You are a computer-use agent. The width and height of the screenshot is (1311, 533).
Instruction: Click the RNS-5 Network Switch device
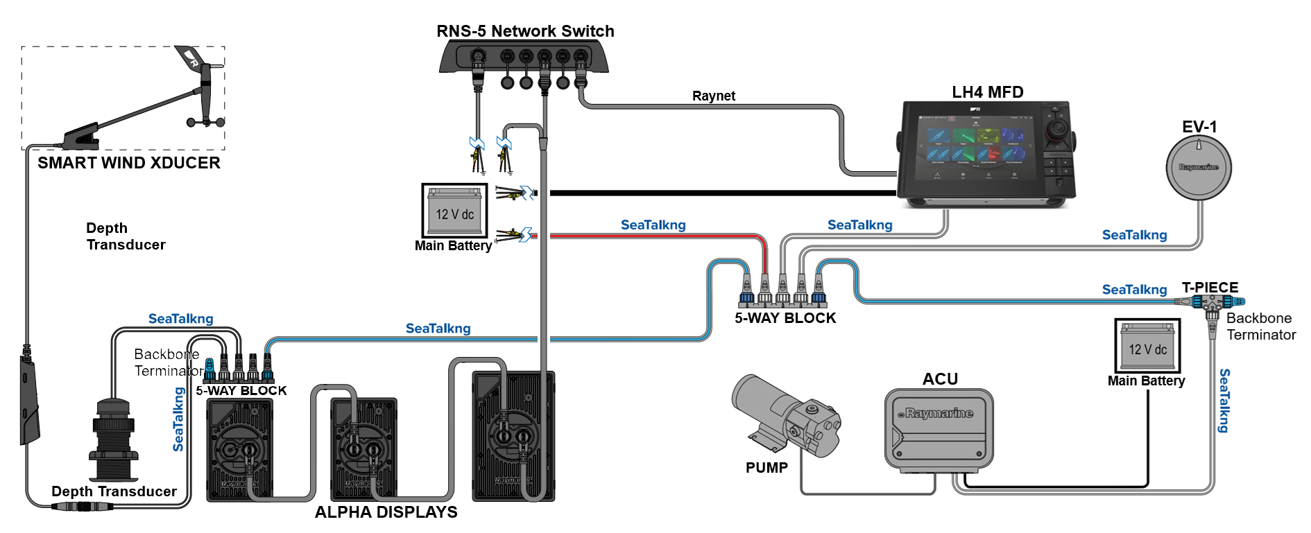[524, 57]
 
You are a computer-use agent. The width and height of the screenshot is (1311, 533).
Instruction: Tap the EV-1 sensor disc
[1199, 168]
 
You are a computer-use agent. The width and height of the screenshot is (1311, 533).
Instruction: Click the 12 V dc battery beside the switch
[454, 211]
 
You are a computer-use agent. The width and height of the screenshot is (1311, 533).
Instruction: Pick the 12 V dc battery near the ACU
[1147, 346]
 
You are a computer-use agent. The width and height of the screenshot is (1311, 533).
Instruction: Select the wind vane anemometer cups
[206, 122]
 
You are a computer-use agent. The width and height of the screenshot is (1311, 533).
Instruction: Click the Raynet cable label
[713, 96]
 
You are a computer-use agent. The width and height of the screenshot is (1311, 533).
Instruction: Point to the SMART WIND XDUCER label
[129, 163]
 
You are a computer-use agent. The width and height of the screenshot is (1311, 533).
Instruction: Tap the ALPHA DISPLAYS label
[386, 512]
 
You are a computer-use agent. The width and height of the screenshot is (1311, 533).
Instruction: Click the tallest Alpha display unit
[513, 436]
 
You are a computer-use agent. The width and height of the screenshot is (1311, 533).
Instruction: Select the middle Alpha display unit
[363, 448]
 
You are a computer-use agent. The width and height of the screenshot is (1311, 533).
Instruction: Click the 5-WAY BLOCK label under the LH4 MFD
[785, 318]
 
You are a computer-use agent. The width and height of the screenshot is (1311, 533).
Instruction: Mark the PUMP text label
[766, 468]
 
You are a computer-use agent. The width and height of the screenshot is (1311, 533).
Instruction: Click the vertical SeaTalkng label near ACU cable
[1224, 401]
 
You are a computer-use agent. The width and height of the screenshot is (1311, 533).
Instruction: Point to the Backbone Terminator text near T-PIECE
[1260, 326]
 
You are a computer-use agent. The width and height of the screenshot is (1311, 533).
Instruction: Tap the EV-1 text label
[1199, 127]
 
